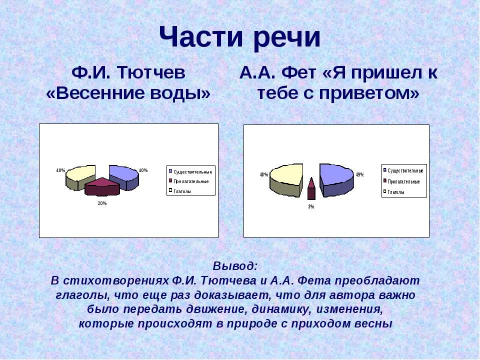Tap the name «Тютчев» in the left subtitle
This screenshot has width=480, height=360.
pos(150,73)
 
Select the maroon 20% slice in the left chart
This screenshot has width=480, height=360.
pos(102,186)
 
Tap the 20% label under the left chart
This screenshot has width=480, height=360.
pos(102,203)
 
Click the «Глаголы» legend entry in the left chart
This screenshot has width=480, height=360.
pos(182,191)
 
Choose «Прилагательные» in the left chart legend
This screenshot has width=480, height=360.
pos(191,181)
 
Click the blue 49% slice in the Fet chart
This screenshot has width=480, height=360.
pos(336,179)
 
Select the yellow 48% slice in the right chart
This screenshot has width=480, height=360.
pos(286,179)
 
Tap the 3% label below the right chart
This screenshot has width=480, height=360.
pos(311,206)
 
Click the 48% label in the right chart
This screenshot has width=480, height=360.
pos(264,174)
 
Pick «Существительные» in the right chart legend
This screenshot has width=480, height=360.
pos(405,171)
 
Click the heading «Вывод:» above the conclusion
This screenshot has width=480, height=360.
pos(235,266)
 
